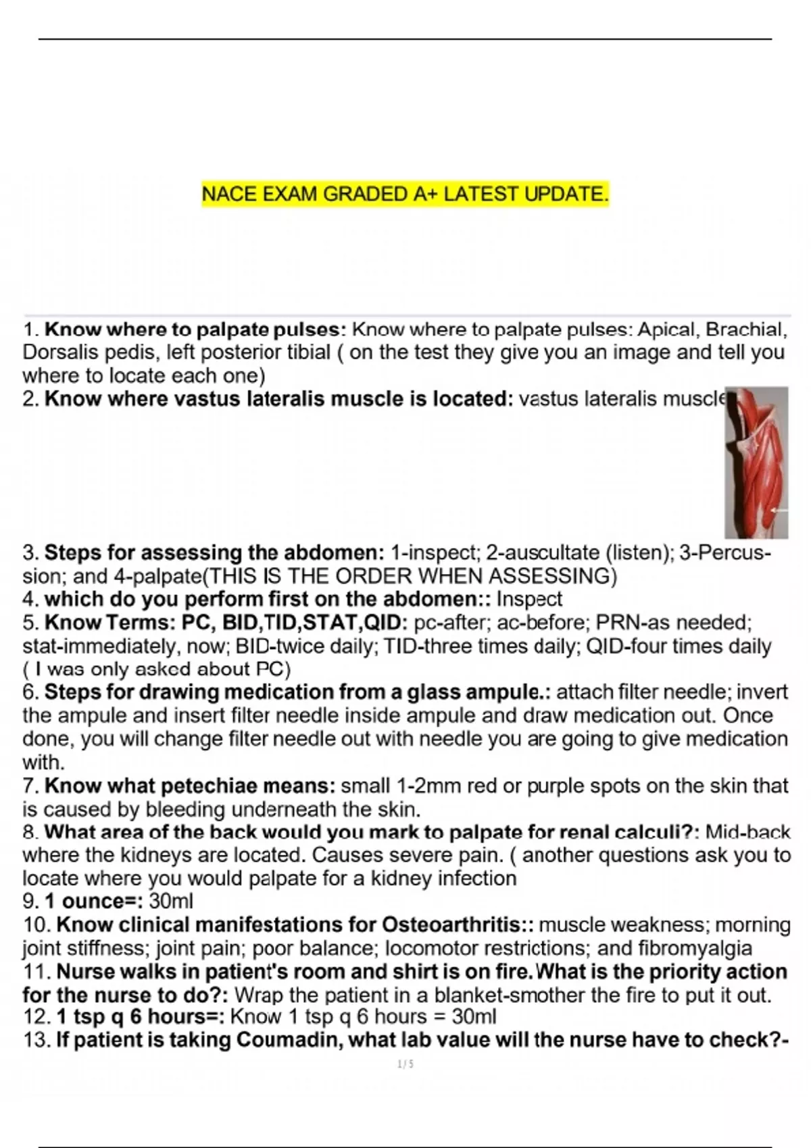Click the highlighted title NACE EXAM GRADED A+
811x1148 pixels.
405,194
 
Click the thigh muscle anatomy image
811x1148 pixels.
756,463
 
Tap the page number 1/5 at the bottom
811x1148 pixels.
405,1064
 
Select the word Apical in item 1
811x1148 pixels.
668,330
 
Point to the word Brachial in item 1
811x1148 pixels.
745,330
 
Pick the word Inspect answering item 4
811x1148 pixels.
529,599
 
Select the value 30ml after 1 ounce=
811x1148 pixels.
171,901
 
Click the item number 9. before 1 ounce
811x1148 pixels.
30,901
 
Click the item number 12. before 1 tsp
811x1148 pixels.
36,1016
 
